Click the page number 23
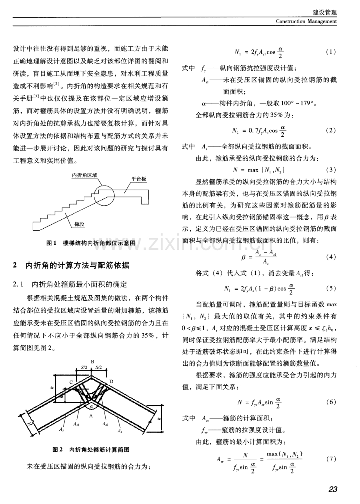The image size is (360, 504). (x=333, y=489)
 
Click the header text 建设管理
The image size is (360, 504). (x=325, y=12)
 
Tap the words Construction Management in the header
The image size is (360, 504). (x=306, y=22)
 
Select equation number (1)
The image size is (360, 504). (x=331, y=52)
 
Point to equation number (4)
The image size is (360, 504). (x=331, y=257)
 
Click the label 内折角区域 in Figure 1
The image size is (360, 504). (x=85, y=175)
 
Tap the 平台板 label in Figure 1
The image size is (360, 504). (x=139, y=179)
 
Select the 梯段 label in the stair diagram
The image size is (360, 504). (x=79, y=224)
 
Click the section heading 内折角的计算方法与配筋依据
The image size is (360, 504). (x=77, y=266)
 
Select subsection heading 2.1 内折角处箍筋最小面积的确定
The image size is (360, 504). (x=70, y=284)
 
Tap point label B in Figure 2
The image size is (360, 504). (x=92, y=362)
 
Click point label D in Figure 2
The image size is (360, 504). (x=111, y=381)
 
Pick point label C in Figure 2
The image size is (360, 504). (x=71, y=382)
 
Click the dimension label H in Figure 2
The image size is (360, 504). (x=29, y=424)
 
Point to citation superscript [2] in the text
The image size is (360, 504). (x=56, y=84)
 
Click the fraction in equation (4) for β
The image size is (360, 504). (x=266, y=257)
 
